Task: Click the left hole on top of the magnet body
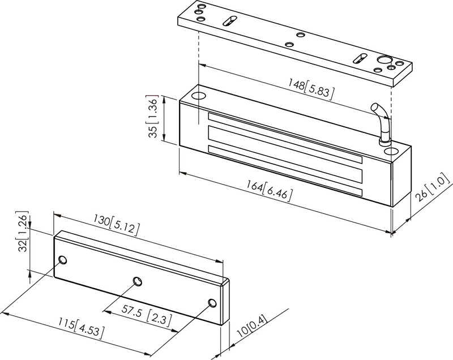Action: point(199,95)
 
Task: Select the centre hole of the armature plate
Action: point(137,281)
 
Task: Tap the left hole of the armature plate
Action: point(63,260)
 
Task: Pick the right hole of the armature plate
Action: point(212,303)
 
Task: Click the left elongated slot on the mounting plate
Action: point(229,20)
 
